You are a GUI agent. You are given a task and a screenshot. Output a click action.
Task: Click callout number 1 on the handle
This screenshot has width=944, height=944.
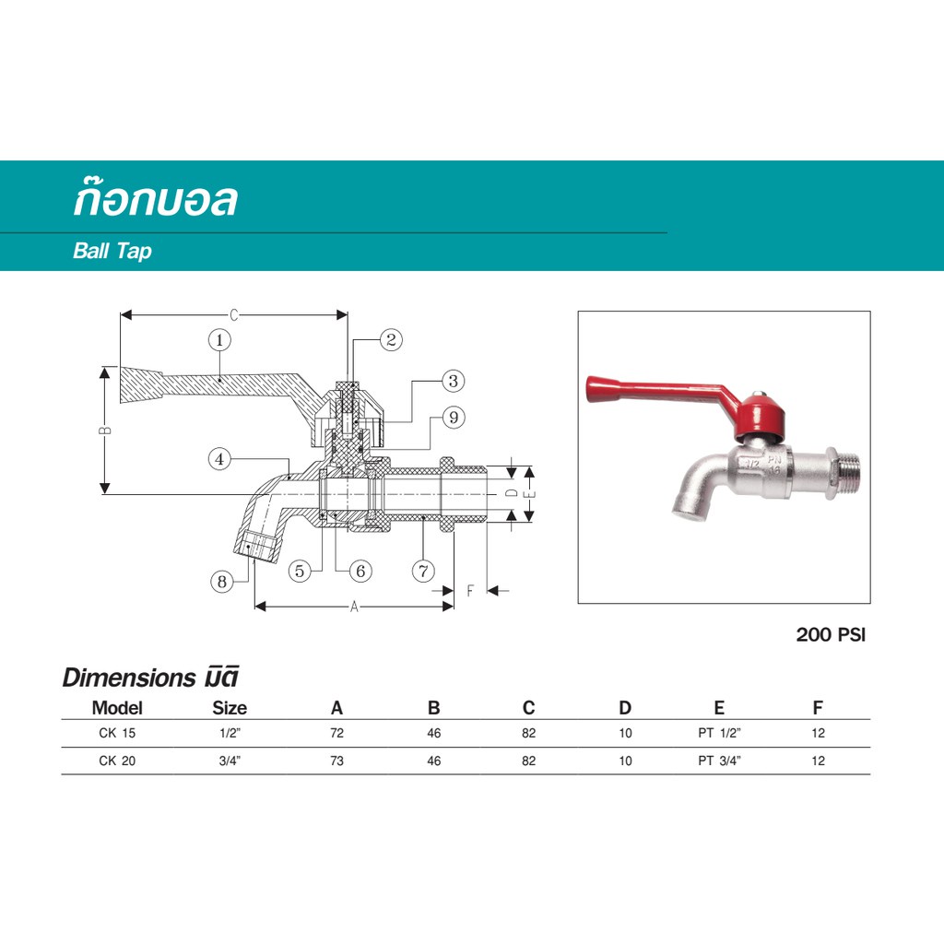[219, 340]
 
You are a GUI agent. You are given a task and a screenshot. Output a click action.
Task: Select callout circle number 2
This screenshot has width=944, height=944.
[391, 340]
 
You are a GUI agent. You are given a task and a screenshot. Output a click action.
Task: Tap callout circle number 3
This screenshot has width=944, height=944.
[453, 380]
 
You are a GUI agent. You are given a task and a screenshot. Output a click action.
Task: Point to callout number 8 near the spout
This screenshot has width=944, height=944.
[220, 582]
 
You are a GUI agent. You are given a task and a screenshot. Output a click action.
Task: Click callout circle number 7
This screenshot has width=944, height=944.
[422, 571]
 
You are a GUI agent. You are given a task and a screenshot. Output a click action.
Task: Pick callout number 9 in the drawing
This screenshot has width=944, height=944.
[453, 419]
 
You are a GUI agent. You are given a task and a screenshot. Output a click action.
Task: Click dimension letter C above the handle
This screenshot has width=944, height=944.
[234, 315]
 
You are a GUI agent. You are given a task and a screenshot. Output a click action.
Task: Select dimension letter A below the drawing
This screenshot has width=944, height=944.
[354, 606]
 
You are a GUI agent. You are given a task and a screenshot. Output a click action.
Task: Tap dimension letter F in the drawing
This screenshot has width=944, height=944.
[470, 590]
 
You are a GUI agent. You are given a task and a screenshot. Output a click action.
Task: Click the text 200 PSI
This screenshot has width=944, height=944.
[831, 635]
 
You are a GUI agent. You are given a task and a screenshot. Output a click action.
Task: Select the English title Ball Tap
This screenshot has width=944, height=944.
[112, 251]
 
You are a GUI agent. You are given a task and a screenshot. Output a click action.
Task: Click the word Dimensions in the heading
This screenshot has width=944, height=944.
[124, 678]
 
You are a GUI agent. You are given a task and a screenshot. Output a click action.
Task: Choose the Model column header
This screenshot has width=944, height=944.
[117, 708]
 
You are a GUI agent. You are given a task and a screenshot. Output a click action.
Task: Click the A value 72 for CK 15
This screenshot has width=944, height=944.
[336, 734]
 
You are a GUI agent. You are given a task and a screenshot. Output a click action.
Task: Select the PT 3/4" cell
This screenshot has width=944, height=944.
[719, 761]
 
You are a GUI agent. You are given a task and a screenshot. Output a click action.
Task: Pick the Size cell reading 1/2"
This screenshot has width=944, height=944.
[230, 734]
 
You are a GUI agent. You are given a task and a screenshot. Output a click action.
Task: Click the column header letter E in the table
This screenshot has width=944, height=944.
[719, 708]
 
